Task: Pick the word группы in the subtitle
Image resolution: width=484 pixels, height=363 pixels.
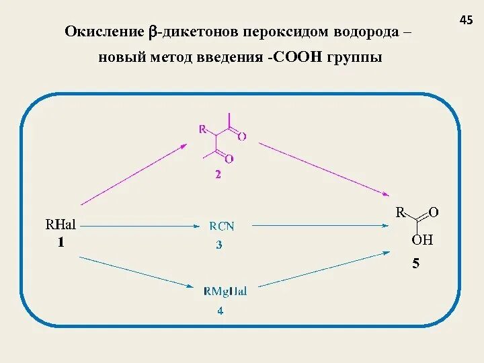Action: (355, 58)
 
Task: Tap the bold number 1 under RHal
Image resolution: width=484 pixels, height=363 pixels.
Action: (61, 243)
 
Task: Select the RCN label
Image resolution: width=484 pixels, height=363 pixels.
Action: (222, 227)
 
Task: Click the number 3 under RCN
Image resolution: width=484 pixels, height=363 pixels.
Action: (219, 245)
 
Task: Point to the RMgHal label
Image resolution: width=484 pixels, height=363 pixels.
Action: (225, 291)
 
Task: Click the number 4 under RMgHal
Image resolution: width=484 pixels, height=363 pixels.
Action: (220, 311)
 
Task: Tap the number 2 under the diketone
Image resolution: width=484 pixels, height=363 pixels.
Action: (218, 175)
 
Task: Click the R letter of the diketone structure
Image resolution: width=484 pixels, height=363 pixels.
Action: (202, 130)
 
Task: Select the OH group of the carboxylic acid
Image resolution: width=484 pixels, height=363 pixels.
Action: (422, 240)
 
